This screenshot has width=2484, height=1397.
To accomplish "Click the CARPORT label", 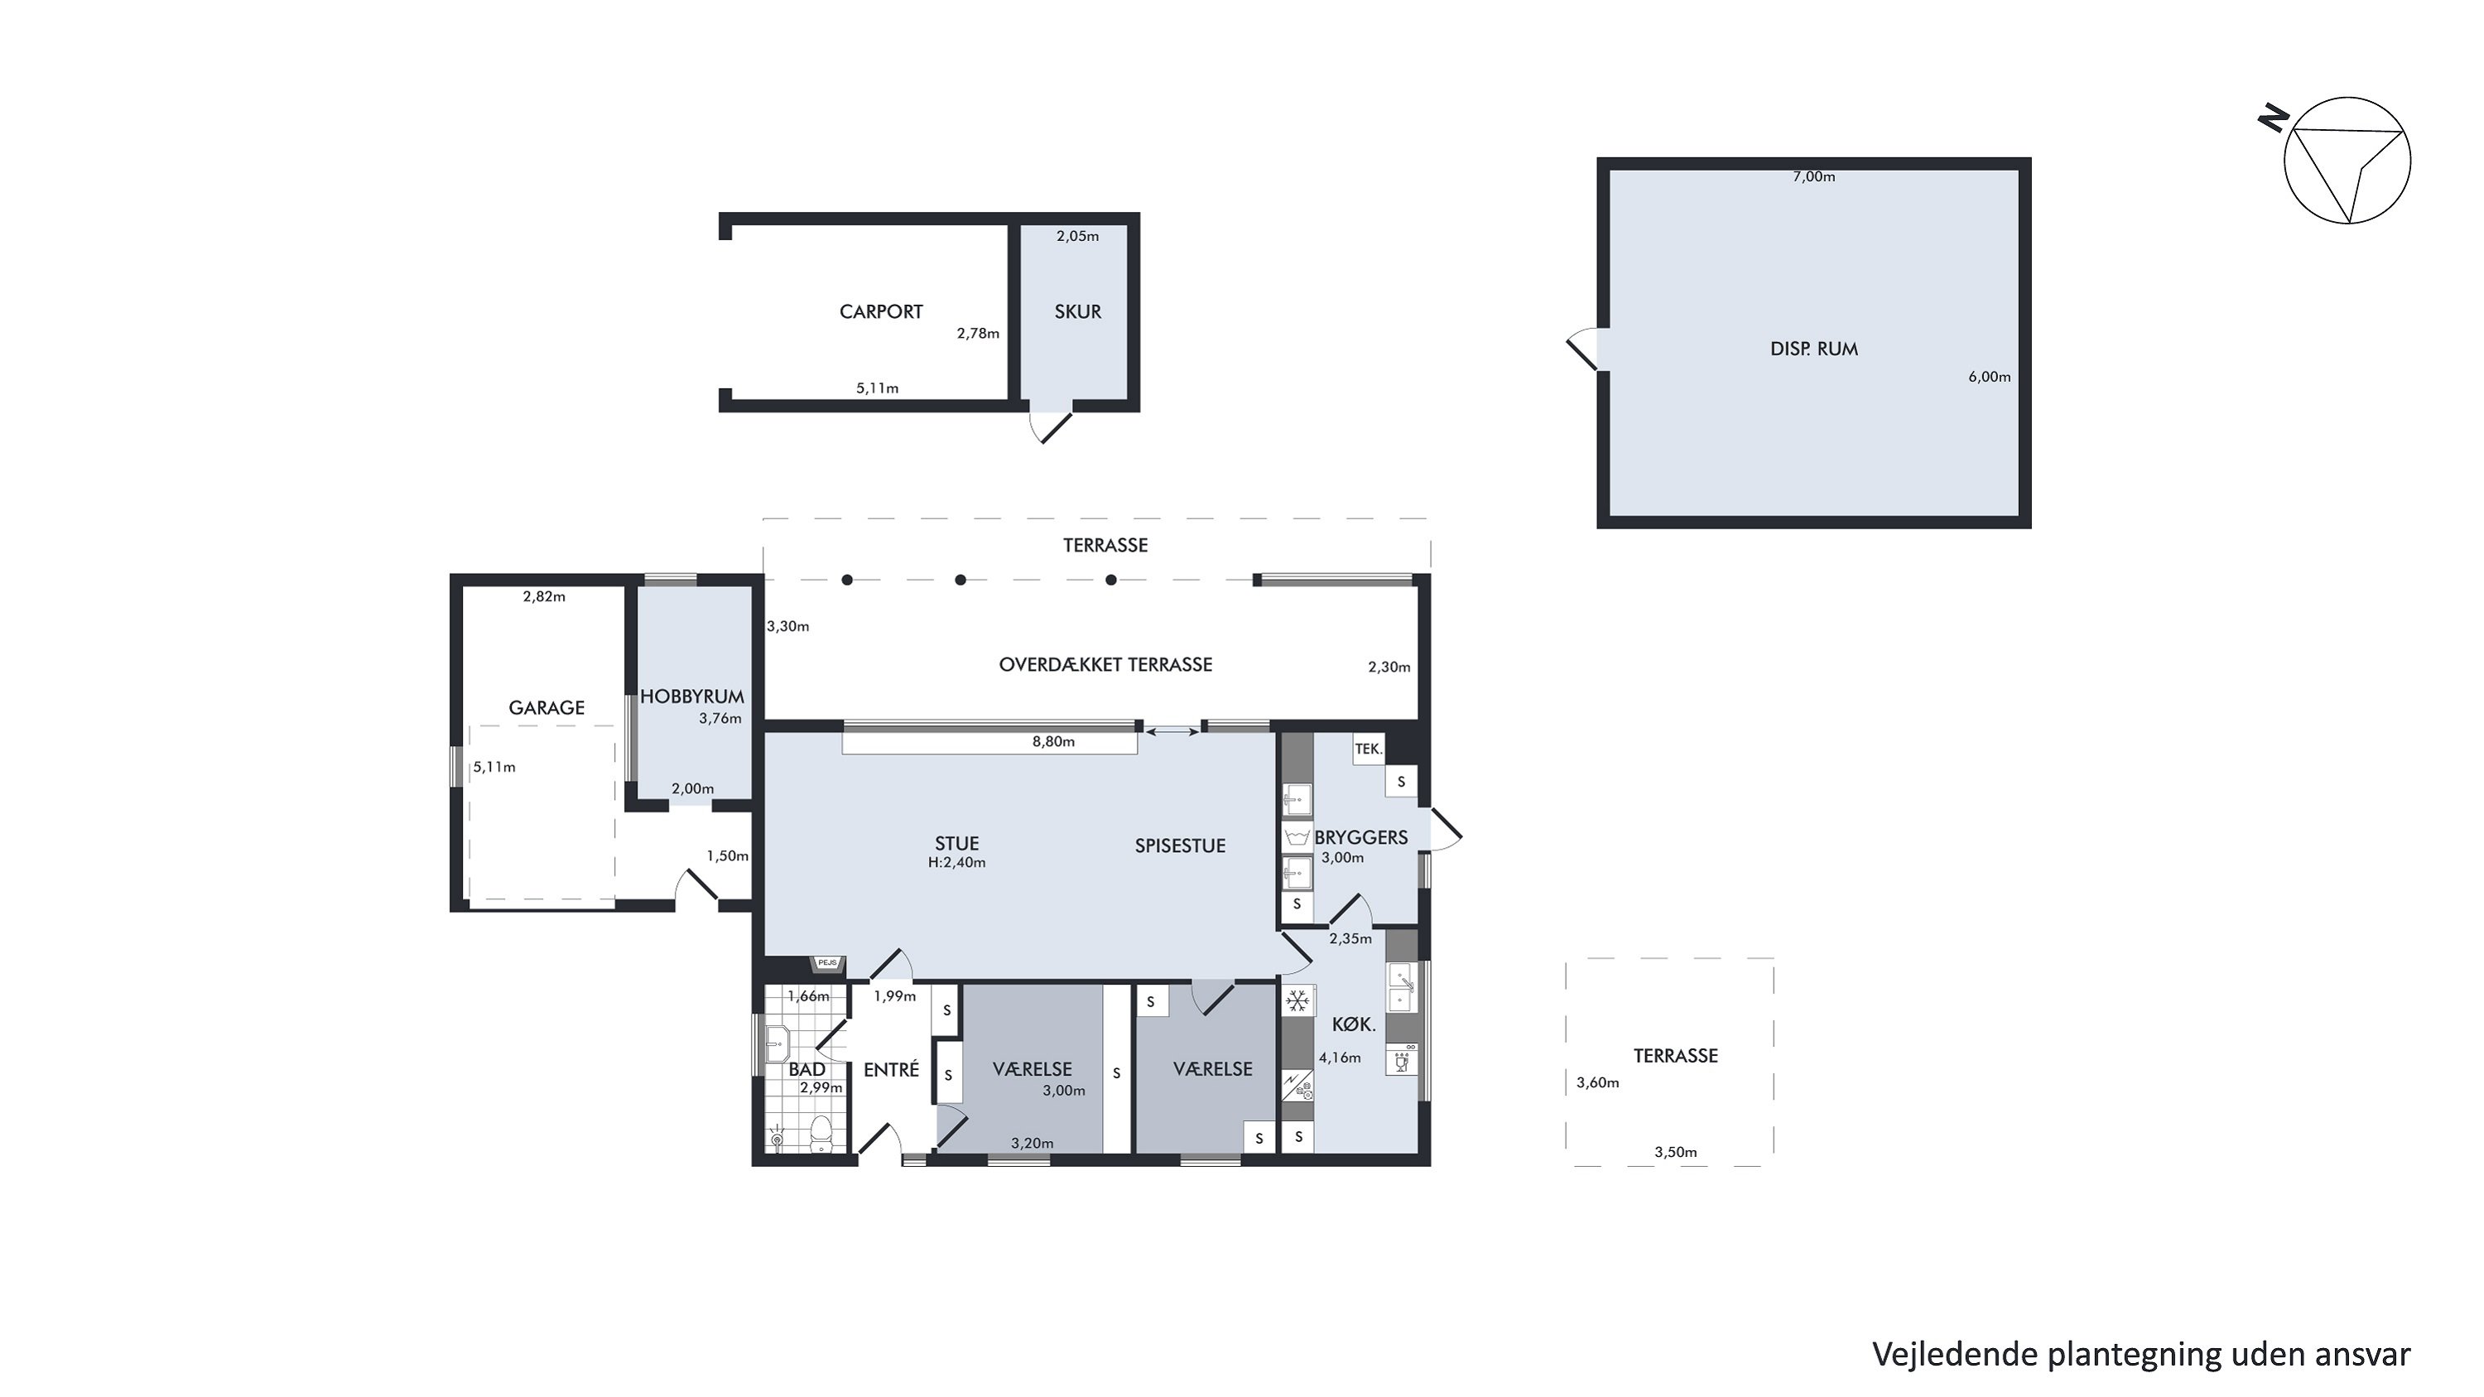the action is click(880, 311).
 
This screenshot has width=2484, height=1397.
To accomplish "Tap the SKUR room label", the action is click(1077, 311).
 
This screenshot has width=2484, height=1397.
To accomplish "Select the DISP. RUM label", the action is click(1814, 349).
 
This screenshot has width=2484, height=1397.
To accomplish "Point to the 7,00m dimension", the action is click(1814, 176).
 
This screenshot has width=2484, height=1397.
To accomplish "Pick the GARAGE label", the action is click(546, 708).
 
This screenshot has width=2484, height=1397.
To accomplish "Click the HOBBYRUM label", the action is click(692, 696).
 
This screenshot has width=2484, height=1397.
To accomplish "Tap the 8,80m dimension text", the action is click(1053, 741).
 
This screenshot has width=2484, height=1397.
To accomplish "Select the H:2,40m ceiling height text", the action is click(956, 863).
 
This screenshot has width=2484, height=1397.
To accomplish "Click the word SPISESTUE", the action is click(1179, 845).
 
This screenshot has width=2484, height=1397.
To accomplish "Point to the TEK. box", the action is click(1369, 749).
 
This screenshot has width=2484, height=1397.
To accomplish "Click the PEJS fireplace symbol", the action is click(827, 963).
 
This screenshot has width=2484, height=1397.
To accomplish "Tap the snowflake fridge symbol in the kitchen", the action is click(1298, 1000).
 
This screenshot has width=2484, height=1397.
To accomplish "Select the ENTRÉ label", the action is click(891, 1069).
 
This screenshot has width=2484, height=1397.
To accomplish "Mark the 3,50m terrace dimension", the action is click(1676, 1152).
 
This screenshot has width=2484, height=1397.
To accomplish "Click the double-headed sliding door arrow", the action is click(1172, 733).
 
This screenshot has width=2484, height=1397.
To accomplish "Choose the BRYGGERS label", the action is click(1360, 837).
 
